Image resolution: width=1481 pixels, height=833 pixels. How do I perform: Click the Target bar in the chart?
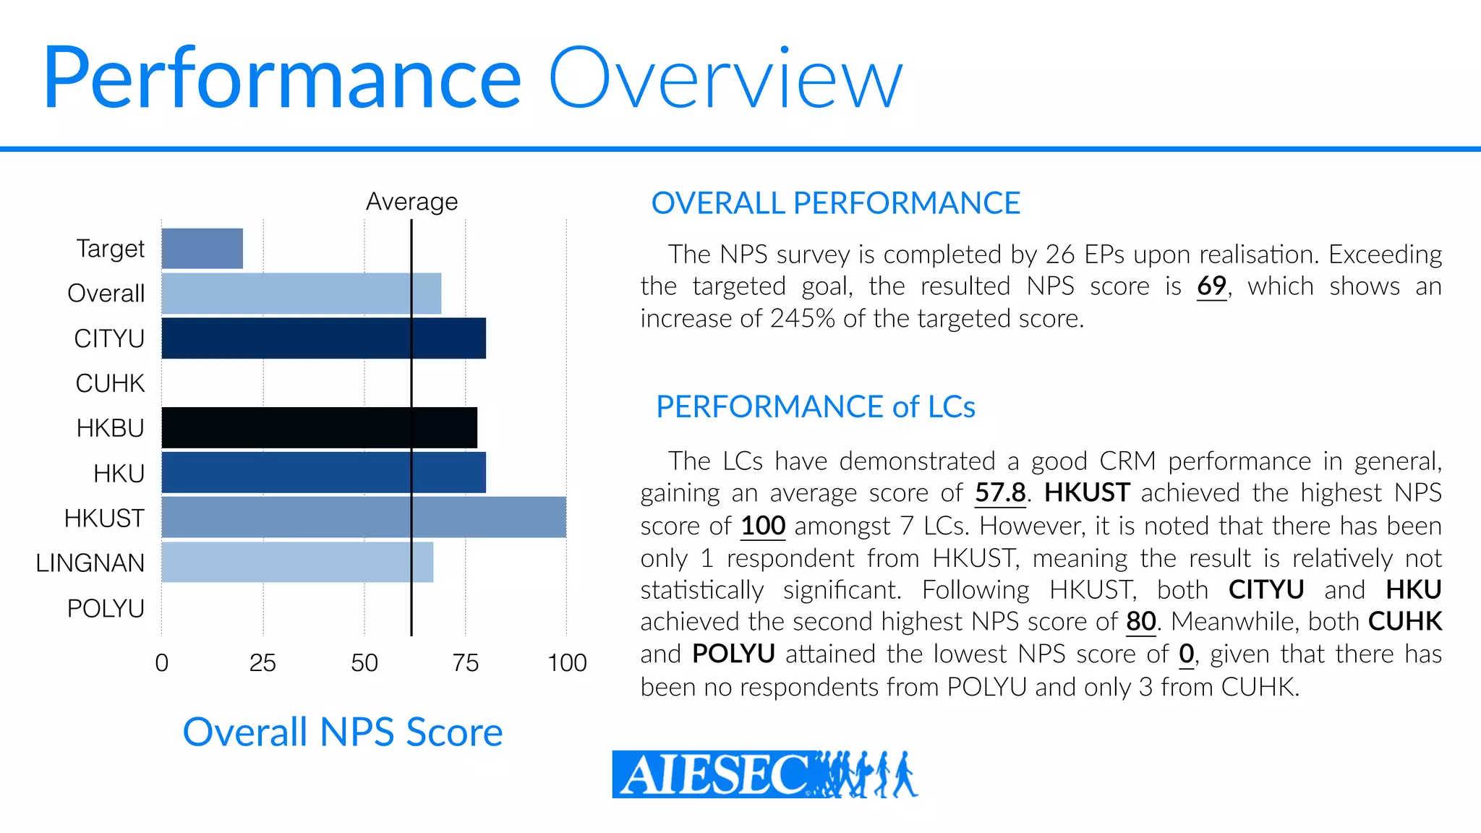click(202, 249)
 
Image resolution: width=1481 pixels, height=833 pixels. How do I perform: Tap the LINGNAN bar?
click(297, 563)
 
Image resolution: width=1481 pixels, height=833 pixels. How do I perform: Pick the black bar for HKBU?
click(319, 427)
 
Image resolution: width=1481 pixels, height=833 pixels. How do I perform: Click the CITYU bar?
click(323, 338)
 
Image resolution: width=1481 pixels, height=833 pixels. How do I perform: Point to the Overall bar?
click(301, 294)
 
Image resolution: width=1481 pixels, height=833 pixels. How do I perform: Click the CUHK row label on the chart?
click(110, 383)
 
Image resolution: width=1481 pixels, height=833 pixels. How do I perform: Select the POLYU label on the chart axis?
click(106, 608)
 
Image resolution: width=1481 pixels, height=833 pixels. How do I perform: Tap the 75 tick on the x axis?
click(465, 662)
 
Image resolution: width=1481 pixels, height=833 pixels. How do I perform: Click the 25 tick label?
click(263, 662)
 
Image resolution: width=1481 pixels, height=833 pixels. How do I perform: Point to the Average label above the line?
click(411, 201)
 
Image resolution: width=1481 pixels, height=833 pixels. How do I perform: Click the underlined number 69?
click(1211, 286)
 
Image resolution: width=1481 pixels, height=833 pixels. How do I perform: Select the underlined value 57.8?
click(1000, 493)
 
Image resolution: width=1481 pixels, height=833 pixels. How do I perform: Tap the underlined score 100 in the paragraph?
click(763, 526)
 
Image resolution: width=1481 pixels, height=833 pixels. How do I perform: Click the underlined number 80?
click(1140, 622)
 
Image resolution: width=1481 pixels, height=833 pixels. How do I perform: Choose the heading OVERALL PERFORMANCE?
click(835, 203)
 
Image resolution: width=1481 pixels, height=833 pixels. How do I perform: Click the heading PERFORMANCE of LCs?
click(815, 406)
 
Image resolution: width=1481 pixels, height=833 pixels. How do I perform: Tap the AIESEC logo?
click(764, 774)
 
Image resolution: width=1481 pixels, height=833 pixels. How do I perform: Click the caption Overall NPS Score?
click(342, 732)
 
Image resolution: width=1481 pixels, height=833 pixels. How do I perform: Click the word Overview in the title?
click(725, 78)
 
